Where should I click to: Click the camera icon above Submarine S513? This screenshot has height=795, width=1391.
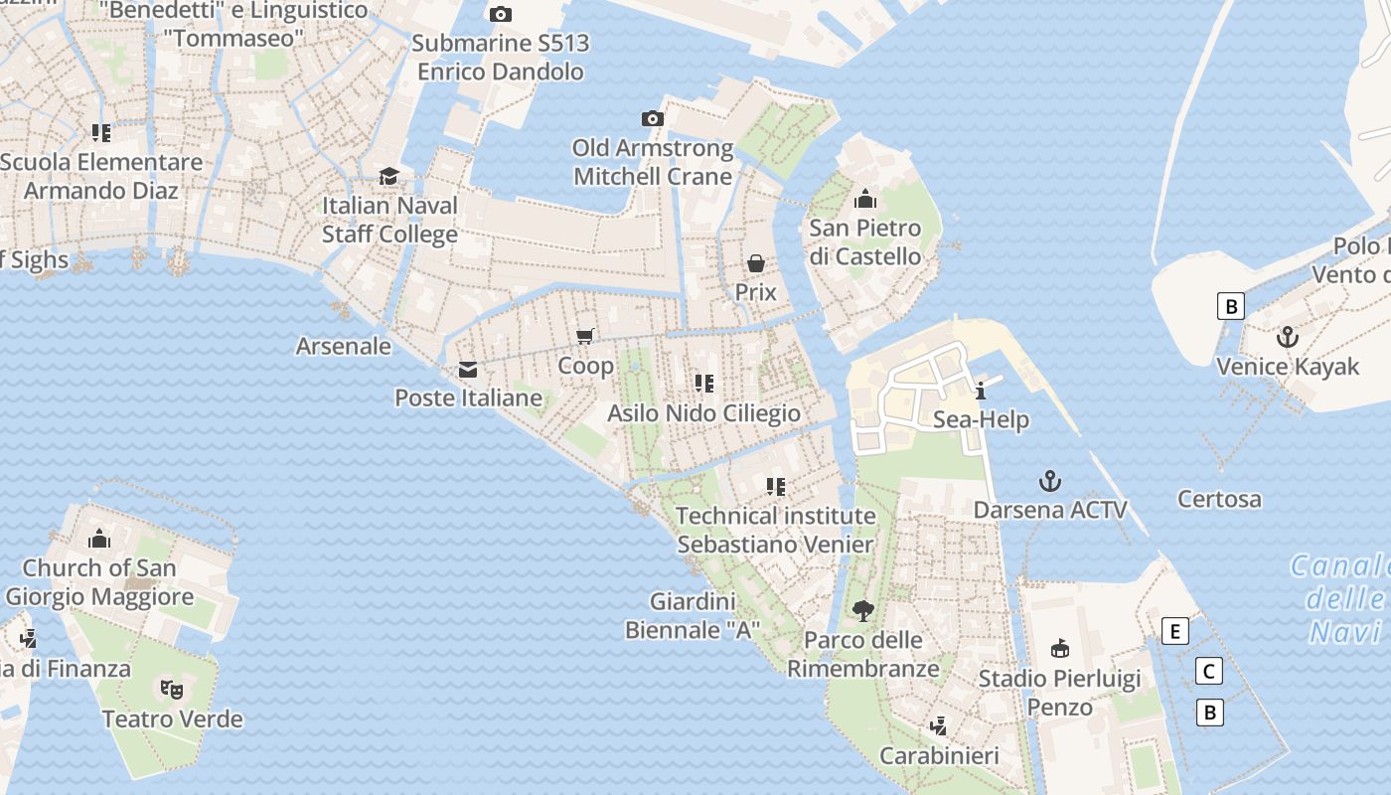501,14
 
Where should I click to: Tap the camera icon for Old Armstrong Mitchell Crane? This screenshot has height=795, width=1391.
653,119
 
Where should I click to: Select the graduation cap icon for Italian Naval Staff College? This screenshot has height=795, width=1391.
388,177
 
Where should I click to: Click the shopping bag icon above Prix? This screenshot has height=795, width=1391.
756,263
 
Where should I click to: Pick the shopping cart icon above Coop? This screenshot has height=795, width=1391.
585,337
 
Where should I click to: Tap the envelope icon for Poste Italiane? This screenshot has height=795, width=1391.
467,371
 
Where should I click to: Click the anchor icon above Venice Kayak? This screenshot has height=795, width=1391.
1288,337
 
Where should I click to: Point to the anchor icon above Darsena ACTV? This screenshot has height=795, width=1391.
1050,482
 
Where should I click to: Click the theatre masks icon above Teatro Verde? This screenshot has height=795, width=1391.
172,689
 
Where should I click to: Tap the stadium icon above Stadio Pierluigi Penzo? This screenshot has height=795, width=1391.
1060,649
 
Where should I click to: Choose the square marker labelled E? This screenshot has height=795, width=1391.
1175,631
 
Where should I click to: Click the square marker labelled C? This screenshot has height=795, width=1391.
1209,672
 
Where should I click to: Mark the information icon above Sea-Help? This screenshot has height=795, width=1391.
981,391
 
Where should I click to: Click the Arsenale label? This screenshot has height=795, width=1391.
344,346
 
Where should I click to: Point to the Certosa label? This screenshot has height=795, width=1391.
1219,499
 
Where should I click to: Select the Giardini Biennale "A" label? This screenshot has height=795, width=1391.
693,615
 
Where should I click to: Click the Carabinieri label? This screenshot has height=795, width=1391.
939,756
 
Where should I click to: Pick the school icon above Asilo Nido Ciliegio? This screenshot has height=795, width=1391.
704,384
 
